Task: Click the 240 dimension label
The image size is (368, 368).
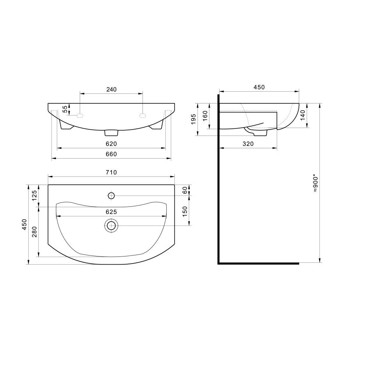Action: click(111, 89)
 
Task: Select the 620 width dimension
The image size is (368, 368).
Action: click(111, 144)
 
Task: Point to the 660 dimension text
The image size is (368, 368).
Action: click(111, 154)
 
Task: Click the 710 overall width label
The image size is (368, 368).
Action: click(111, 173)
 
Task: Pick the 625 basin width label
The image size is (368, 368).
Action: click(111, 212)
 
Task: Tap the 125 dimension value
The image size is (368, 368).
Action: click(35, 195)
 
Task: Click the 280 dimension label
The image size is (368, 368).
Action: click(35, 231)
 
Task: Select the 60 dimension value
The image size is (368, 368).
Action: click(185, 190)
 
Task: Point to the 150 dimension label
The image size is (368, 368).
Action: click(185, 212)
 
